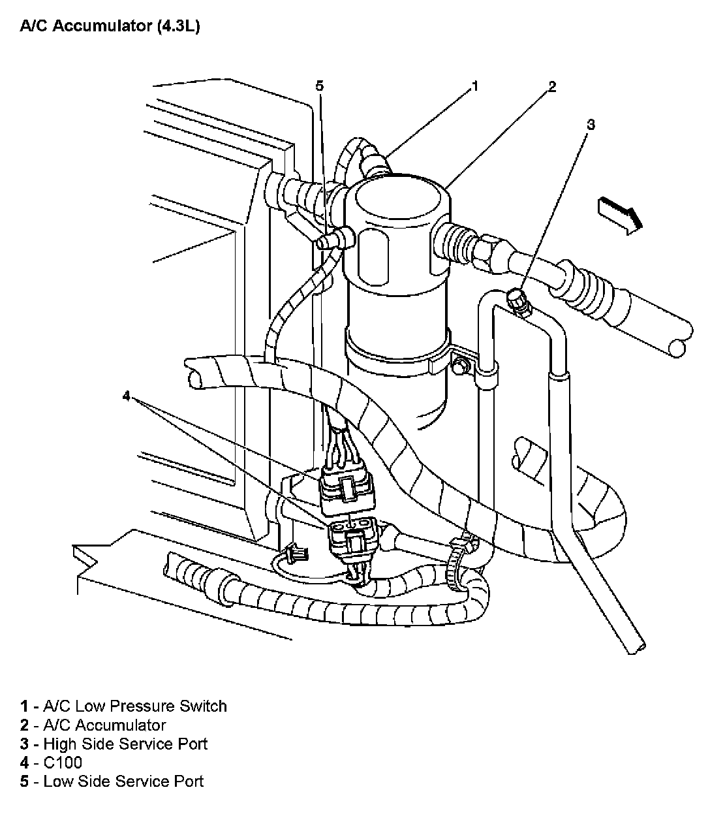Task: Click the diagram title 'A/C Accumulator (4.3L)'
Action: (x=109, y=27)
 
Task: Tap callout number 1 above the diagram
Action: (x=475, y=86)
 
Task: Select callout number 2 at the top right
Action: (x=552, y=86)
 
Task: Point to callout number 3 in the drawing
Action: (x=591, y=123)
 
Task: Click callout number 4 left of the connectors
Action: (x=127, y=396)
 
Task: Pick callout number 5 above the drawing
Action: (x=319, y=86)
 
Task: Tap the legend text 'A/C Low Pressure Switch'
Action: (x=134, y=706)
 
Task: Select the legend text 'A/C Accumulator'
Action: (x=104, y=725)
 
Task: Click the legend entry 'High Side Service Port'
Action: (x=125, y=744)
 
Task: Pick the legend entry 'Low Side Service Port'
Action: (x=123, y=781)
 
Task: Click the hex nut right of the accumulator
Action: (x=490, y=252)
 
